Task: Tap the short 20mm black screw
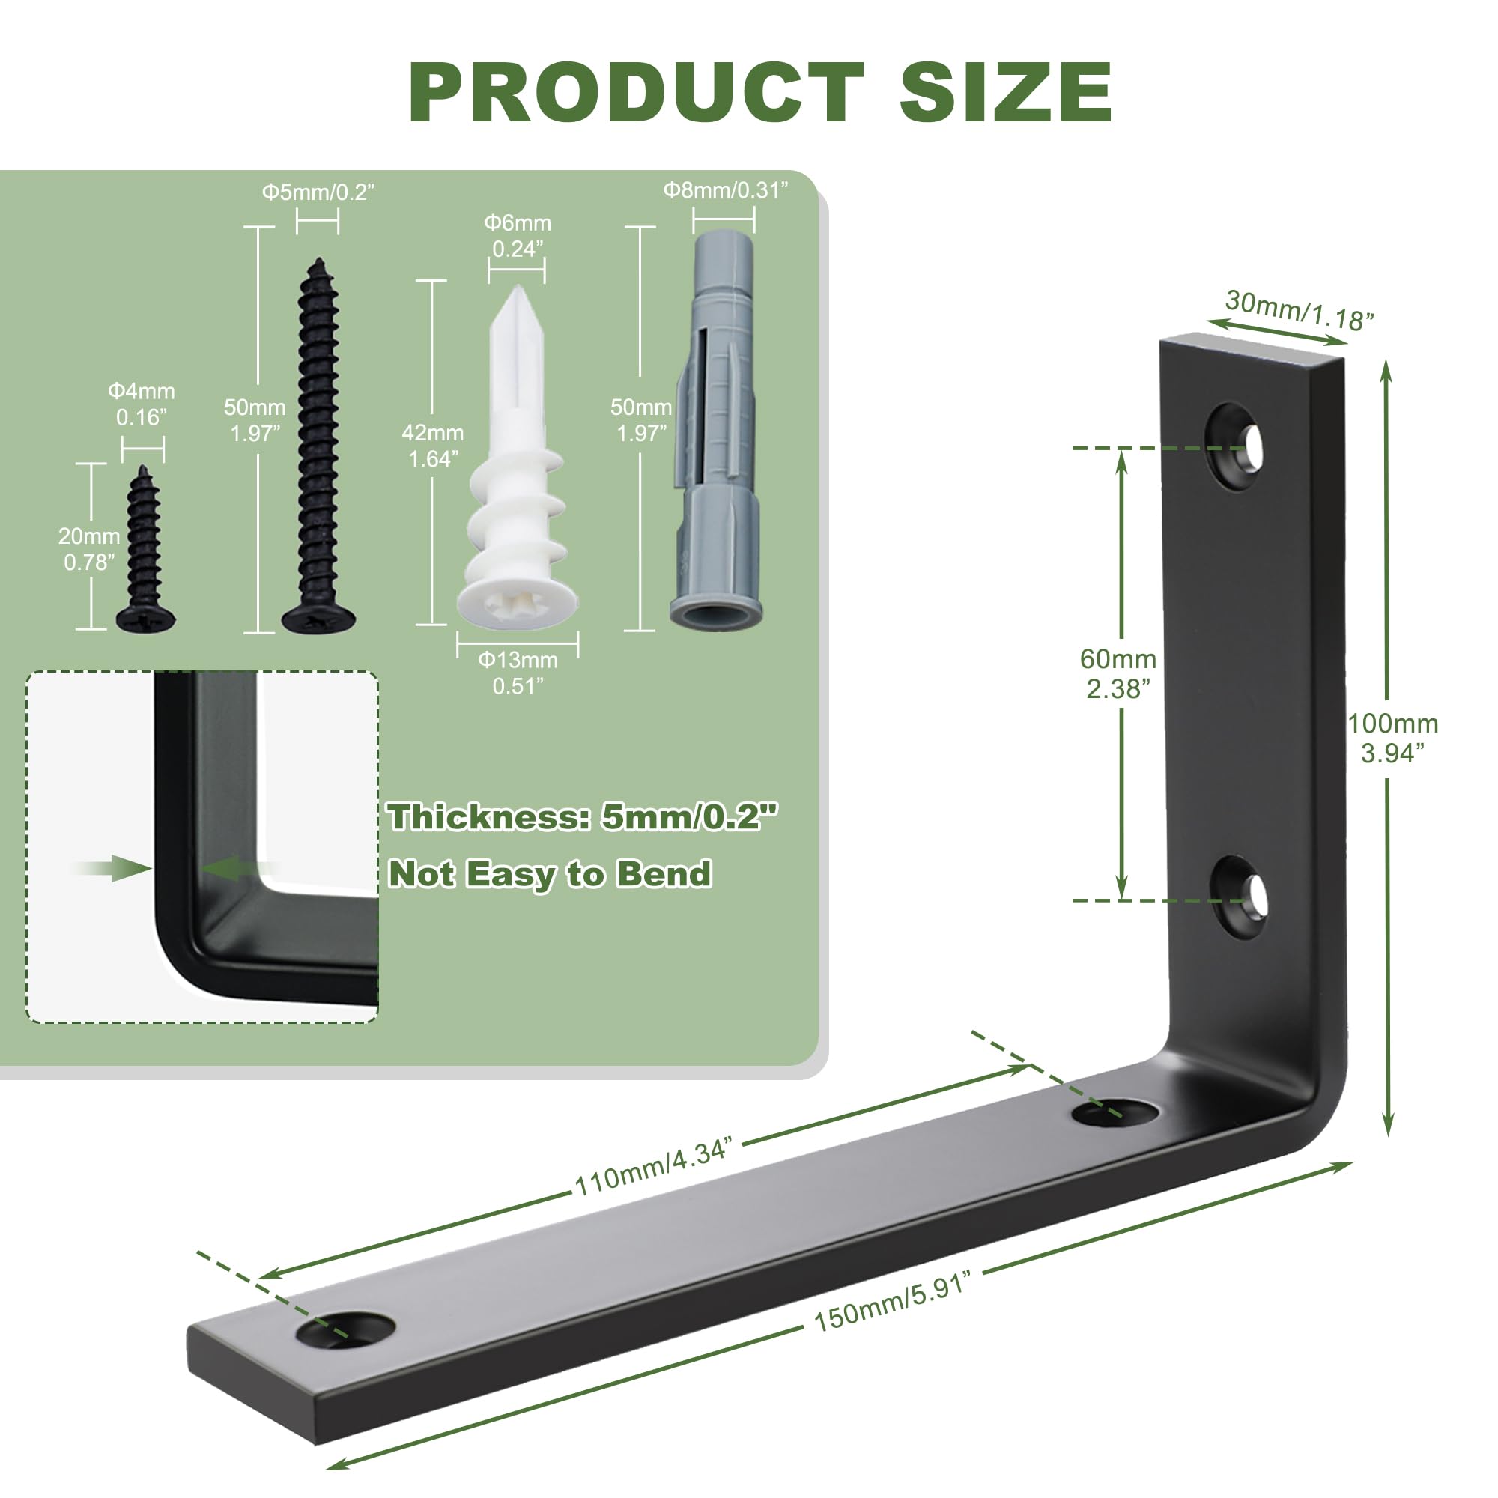[145, 551]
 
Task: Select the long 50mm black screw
[318, 446]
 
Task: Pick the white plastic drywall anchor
[517, 458]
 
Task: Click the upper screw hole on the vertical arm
[1236, 446]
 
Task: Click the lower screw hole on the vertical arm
[1237, 898]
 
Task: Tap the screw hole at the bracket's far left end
[346, 1329]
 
